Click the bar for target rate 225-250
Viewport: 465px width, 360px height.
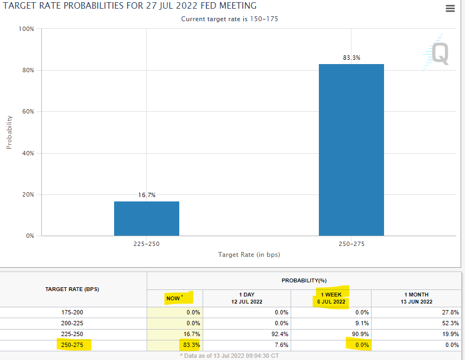click(x=147, y=218)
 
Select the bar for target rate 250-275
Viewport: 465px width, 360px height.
click(x=351, y=150)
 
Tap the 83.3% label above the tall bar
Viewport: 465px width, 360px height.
click(x=351, y=58)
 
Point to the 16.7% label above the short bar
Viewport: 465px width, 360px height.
click(x=147, y=195)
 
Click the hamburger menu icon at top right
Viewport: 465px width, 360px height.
click(x=450, y=8)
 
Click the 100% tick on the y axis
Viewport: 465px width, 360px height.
click(x=27, y=28)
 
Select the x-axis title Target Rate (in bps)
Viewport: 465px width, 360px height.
click(x=249, y=254)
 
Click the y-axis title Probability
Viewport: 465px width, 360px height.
click(x=9, y=132)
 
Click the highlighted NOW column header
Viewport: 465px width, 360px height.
click(x=174, y=298)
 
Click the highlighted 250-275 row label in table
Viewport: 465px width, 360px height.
click(x=72, y=345)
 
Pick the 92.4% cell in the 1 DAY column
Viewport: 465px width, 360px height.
click(x=247, y=334)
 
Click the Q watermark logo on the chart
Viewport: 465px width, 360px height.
click(x=437, y=54)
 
